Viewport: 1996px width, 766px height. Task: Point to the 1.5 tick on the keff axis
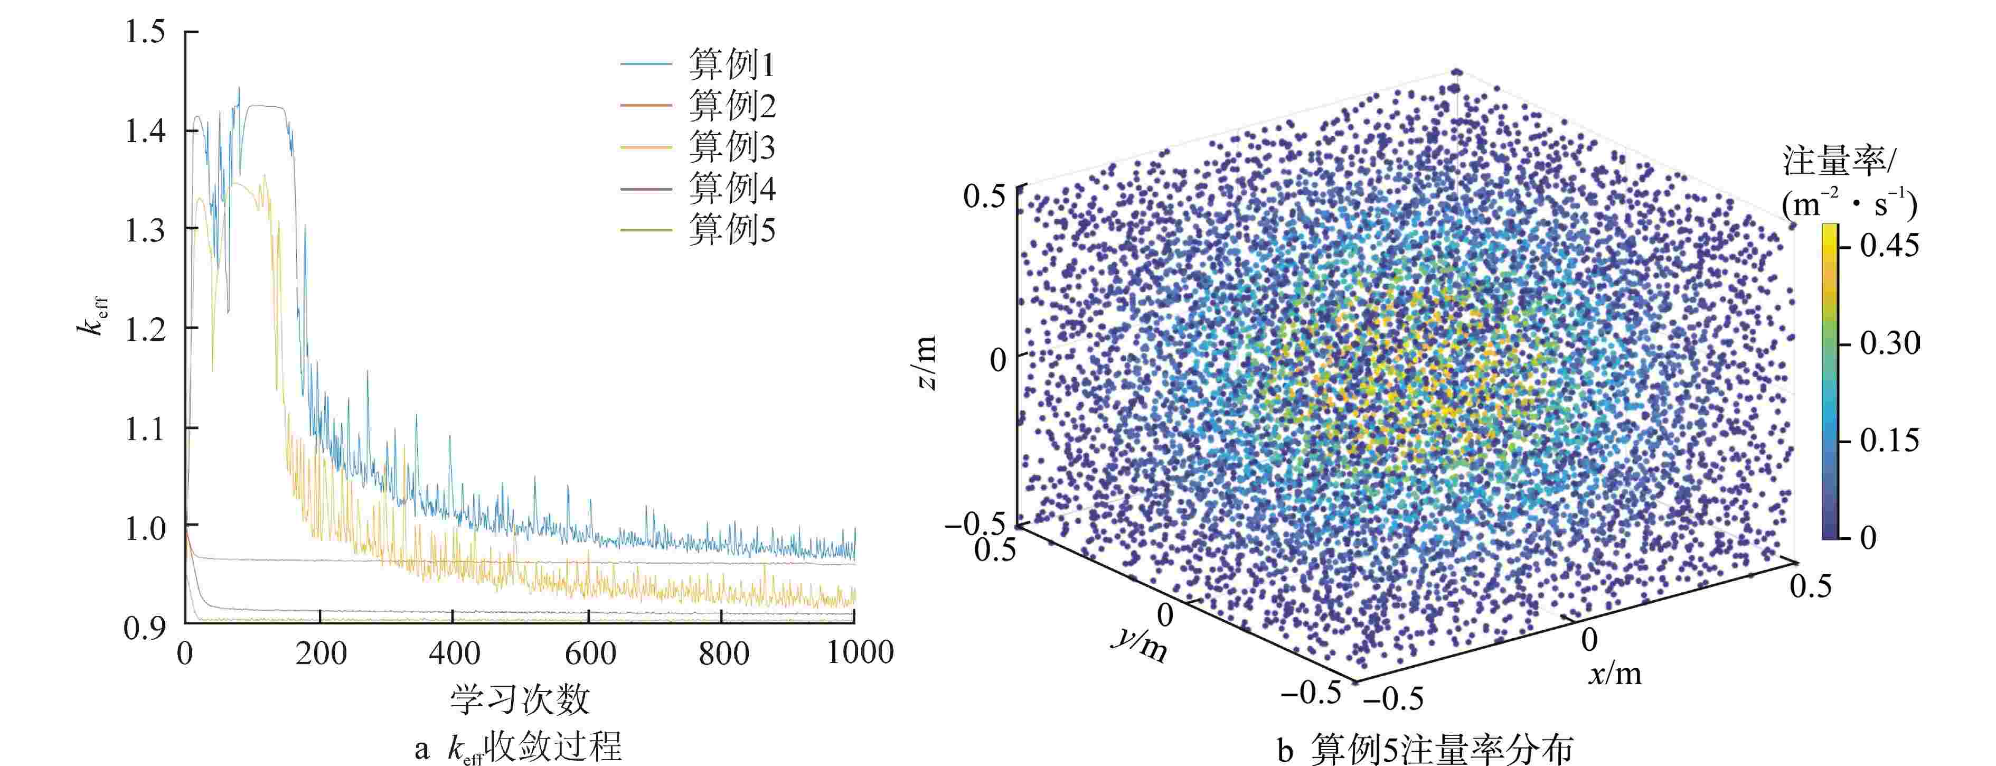[x=146, y=33]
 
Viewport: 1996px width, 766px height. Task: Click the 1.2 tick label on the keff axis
[x=146, y=330]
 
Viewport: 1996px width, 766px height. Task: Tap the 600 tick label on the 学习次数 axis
[x=590, y=653]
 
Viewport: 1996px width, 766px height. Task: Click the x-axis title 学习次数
[x=520, y=700]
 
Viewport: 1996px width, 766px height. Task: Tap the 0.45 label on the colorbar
[x=1889, y=246]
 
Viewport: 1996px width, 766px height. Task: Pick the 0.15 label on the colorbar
[x=1889, y=441]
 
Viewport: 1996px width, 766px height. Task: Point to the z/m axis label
[x=927, y=363]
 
